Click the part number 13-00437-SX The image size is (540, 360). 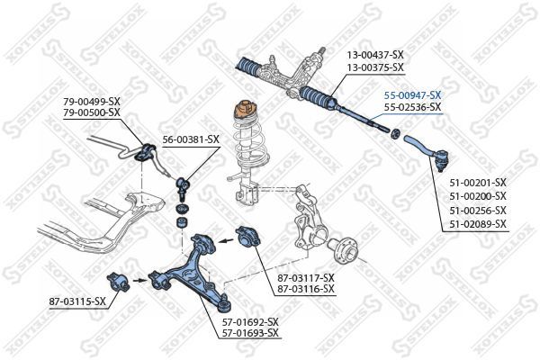tap(376, 56)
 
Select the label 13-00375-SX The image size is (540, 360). tap(376, 67)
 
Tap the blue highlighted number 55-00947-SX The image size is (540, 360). tap(412, 94)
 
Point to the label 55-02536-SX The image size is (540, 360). tap(412, 107)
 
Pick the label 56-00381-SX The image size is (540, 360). tap(190, 139)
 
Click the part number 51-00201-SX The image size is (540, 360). tap(477, 183)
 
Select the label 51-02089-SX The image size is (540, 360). tap(477, 224)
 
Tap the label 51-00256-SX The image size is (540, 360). tap(477, 210)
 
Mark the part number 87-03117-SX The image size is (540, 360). tap(305, 277)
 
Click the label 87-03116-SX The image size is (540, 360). tap(305, 289)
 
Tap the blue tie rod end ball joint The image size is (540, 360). tap(439, 162)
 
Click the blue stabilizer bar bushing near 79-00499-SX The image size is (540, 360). tap(142, 151)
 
